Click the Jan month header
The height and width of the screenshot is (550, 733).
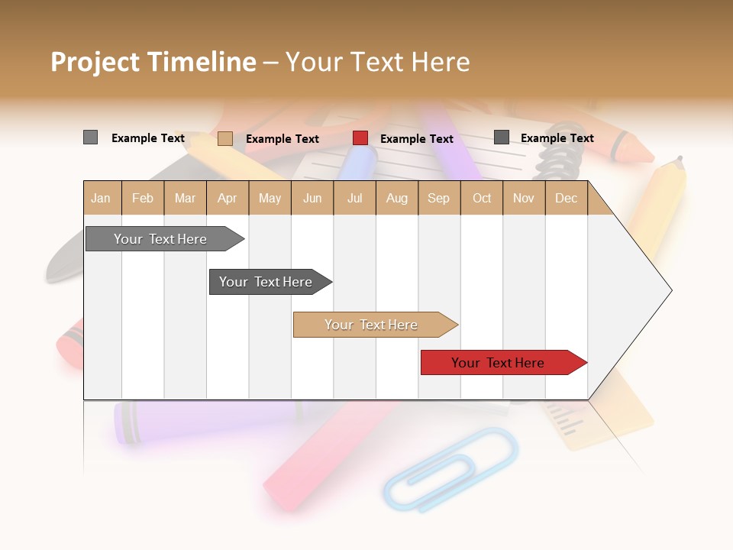click(101, 198)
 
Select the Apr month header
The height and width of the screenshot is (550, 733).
click(227, 198)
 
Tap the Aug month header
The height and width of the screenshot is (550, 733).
click(396, 198)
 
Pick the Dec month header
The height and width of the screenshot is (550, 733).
click(566, 198)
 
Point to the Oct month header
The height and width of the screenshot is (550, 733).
click(481, 198)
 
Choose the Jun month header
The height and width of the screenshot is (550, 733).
click(312, 198)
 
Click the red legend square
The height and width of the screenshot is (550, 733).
click(360, 138)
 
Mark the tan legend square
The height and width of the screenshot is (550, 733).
click(225, 138)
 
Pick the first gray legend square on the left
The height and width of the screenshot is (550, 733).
click(91, 137)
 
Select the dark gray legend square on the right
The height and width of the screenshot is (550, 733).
click(502, 137)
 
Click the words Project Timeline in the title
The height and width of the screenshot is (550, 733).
click(153, 62)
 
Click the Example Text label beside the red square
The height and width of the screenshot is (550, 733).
click(416, 138)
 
